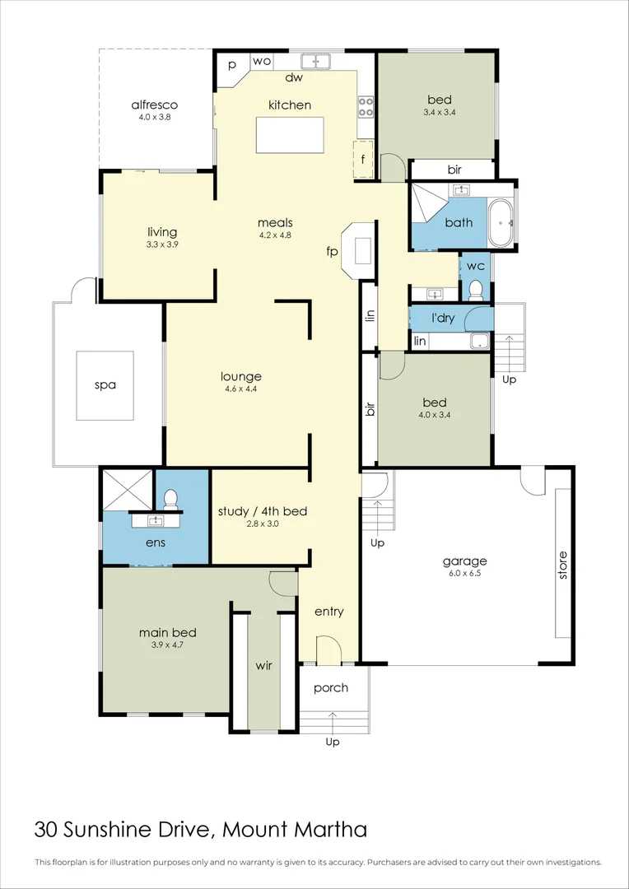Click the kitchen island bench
289,133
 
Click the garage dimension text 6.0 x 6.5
465,574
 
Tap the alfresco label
155,105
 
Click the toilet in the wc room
475,289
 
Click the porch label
331,687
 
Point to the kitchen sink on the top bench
314,61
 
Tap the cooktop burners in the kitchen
366,107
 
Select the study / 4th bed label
262,511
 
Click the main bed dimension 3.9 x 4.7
167,645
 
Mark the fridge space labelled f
362,159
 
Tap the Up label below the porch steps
333,742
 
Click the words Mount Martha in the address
296,829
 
